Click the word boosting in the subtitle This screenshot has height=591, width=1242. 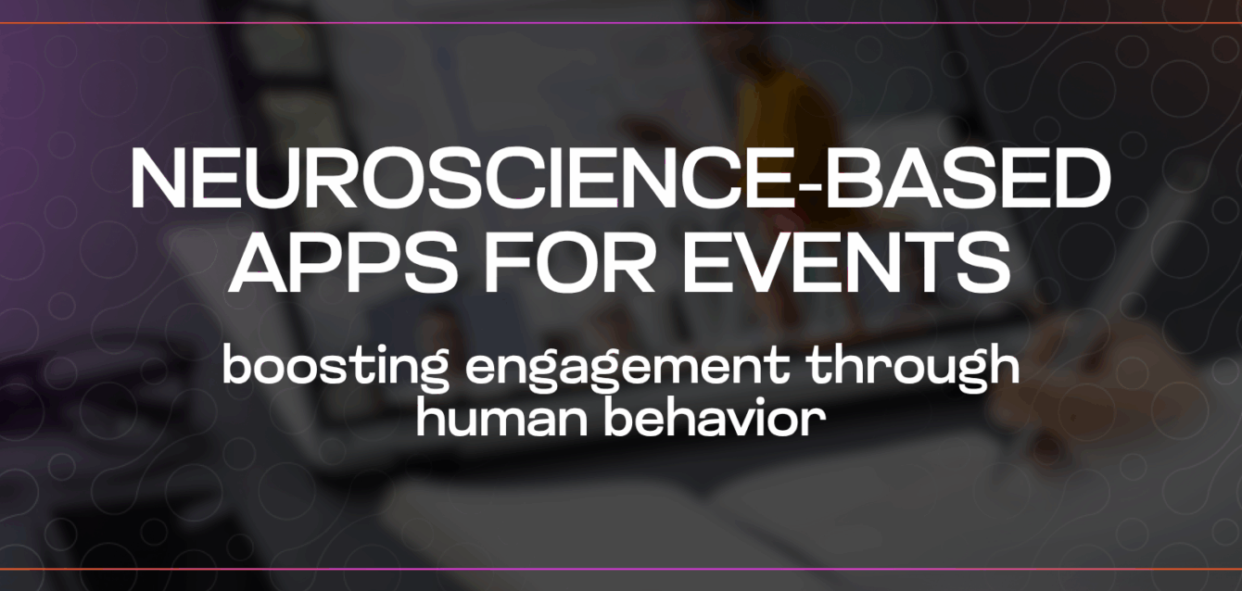[x=335, y=367]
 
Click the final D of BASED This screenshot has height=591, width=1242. [x=1084, y=179]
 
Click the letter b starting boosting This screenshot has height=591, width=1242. [x=240, y=363]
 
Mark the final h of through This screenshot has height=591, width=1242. [x=1003, y=363]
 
